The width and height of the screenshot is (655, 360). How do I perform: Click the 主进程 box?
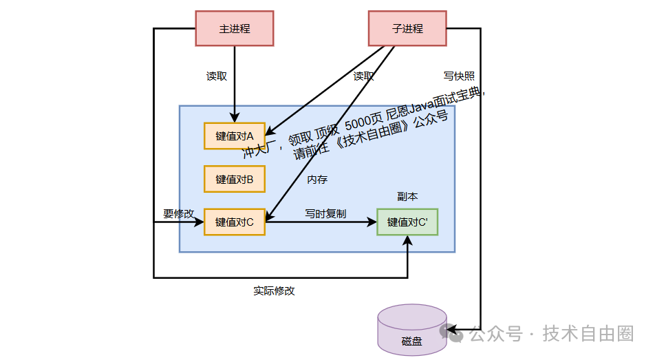point(235,29)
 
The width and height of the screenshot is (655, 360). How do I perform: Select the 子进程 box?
point(407,29)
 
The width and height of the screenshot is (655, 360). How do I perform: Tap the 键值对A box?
point(235,136)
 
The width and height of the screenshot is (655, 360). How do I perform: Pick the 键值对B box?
point(235,179)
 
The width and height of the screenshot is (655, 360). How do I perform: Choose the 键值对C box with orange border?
point(235,222)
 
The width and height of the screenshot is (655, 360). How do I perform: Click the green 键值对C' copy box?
point(407,222)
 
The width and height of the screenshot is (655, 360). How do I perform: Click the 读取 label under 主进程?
point(217,76)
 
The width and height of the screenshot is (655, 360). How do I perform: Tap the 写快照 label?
point(459,76)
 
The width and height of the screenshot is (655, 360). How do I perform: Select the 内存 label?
point(317,180)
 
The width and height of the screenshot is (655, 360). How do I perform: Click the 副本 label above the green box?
point(407,196)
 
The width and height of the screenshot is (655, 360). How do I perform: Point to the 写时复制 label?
point(325,213)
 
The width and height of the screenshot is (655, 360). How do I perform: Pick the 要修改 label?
point(178,213)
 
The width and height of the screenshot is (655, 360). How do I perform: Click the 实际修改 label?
point(274,290)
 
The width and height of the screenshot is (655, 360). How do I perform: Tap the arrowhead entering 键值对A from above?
point(235,118)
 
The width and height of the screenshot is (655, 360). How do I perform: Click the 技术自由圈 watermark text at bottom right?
point(588,334)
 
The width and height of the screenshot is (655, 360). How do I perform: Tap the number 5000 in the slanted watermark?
point(360,125)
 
